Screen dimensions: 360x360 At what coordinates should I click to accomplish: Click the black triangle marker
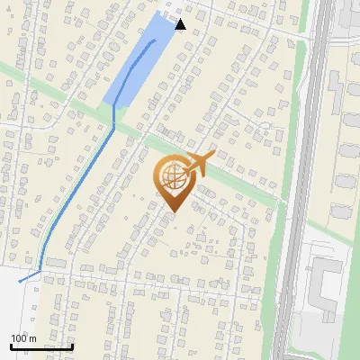180,24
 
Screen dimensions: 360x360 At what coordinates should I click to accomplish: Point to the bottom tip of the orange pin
172,212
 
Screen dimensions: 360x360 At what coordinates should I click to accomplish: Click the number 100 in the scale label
19,338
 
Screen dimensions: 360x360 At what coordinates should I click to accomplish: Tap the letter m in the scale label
32,338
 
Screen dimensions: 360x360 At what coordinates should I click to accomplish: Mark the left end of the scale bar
11,346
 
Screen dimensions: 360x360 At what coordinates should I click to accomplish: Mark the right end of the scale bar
72,346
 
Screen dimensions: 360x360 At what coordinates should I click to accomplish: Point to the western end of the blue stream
20,282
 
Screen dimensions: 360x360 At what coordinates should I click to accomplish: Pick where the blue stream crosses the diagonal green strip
114,126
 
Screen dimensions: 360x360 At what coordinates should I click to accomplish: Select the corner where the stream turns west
41,270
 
